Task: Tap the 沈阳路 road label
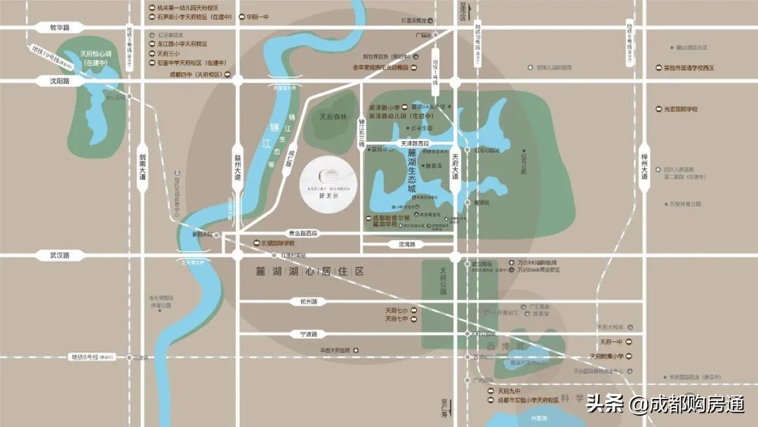click(60, 81)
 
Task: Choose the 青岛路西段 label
click(302, 232)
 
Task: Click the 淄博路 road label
click(403, 244)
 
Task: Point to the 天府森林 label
click(333, 117)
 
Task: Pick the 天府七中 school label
click(397, 319)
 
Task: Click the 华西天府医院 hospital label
click(335, 350)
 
